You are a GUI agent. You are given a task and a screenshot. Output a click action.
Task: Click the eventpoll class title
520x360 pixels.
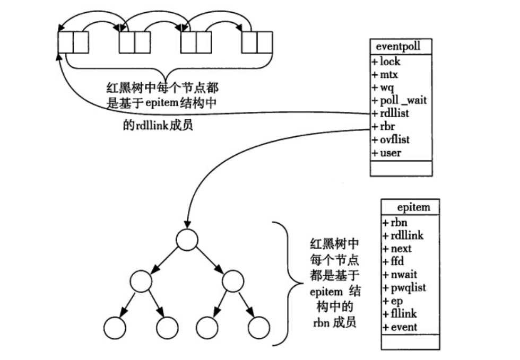click(x=401, y=46)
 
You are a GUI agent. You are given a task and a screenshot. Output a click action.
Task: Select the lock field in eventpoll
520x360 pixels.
click(x=389, y=62)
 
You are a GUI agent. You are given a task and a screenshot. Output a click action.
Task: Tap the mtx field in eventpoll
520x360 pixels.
click(x=388, y=75)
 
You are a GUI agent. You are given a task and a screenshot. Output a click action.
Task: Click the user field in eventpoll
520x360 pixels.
click(x=390, y=153)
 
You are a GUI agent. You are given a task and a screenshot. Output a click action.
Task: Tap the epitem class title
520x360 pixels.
click(x=413, y=207)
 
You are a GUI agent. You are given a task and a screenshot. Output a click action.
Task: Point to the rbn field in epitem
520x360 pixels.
click(x=398, y=223)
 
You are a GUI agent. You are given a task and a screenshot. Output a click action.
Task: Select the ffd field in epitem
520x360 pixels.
click(x=397, y=261)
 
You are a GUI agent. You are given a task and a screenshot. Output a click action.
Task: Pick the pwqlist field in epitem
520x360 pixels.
click(x=406, y=288)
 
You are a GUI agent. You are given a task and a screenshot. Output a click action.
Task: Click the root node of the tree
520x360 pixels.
click(x=186, y=240)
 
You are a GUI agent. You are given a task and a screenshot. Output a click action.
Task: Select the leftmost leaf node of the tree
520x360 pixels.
click(x=114, y=328)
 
